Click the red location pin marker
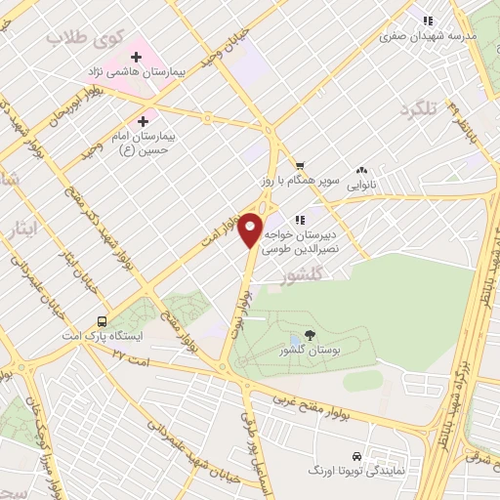click(251, 229)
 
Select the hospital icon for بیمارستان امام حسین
click(144, 121)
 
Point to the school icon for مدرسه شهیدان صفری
click(427, 20)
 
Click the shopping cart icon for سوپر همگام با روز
click(301, 165)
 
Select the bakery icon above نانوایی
click(362, 169)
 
